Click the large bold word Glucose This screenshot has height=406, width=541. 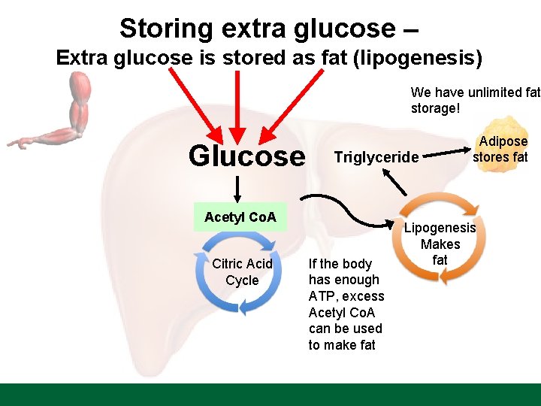[x=246, y=156]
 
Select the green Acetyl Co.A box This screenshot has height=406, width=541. [x=240, y=218]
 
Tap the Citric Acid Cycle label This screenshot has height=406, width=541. [x=242, y=272]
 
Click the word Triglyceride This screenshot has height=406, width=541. [x=376, y=157]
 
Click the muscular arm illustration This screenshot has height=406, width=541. [x=64, y=112]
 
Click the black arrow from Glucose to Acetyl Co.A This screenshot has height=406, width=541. [x=238, y=186]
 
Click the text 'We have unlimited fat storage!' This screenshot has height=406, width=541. [x=473, y=100]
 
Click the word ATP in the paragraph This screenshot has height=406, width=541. [x=321, y=296]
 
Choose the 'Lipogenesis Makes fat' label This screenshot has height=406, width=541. [x=440, y=244]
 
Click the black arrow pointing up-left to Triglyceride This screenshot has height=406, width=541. [x=393, y=182]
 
